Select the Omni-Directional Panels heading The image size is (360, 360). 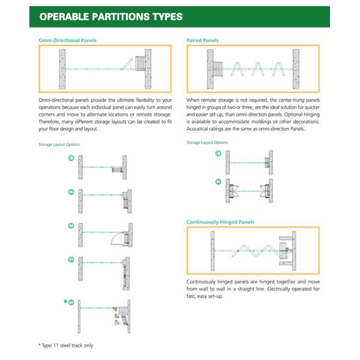[67, 40]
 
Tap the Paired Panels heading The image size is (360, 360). [202, 40]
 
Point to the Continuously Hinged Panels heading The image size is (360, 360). [220, 222]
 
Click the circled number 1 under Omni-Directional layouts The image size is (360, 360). [71, 159]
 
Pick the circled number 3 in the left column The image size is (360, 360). [71, 226]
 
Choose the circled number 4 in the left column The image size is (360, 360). [71, 260]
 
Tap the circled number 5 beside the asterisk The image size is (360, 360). [72, 302]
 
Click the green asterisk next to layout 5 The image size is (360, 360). [65, 301]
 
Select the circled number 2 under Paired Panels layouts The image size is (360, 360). [218, 181]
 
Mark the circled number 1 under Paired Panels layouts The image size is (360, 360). [218, 154]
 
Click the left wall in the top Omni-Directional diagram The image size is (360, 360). [62, 70]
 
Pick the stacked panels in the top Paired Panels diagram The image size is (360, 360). [218, 70]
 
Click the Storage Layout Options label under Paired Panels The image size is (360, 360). [207, 142]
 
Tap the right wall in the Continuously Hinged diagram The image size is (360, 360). [293, 250]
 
